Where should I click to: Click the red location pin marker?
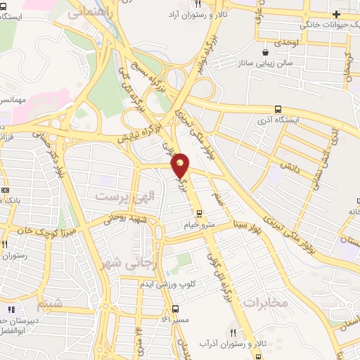click(181, 165)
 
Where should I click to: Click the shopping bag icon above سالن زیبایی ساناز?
click(265, 52)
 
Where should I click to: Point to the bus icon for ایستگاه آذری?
click(278, 110)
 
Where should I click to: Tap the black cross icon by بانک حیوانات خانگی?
click(335, 14)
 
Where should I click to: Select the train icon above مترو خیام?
click(199, 214)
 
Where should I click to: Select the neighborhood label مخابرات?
click(264, 302)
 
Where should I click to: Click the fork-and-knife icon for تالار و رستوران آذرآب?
click(233, 333)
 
